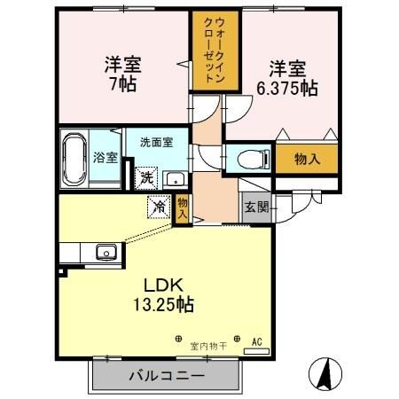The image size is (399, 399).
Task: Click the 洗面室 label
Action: click(154, 141)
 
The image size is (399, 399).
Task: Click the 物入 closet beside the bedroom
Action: click(307, 159)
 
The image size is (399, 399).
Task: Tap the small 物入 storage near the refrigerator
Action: click(183, 208)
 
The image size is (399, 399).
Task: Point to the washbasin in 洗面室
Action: click(173, 176)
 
